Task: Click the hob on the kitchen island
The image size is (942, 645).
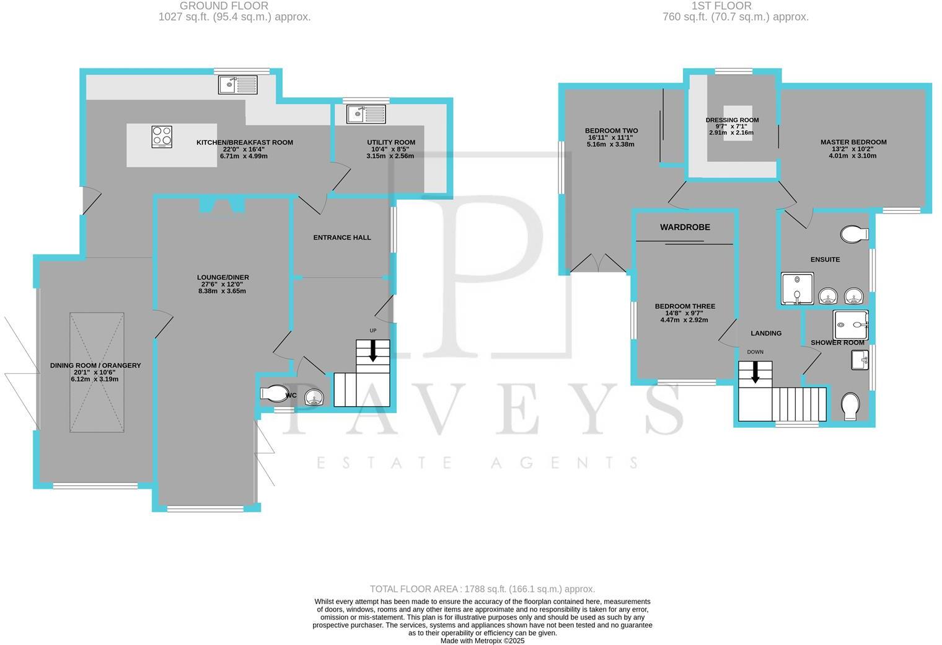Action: [x=162, y=136]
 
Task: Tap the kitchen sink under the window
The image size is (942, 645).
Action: [x=237, y=84]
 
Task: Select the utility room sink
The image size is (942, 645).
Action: [x=366, y=114]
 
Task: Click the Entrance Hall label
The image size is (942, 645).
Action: [x=342, y=238]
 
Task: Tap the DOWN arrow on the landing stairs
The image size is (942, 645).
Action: [x=755, y=371]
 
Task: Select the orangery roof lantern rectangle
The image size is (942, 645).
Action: [x=97, y=372]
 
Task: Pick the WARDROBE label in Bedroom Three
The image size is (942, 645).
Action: [x=685, y=228]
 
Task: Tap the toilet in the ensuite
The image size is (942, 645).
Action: [x=853, y=234]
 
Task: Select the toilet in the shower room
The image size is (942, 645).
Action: [x=850, y=406]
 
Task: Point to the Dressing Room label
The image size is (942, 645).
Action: [x=732, y=120]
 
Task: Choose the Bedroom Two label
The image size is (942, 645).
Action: [x=611, y=131]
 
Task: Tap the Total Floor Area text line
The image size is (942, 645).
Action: [x=482, y=589]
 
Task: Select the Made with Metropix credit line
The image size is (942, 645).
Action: [x=482, y=641]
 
